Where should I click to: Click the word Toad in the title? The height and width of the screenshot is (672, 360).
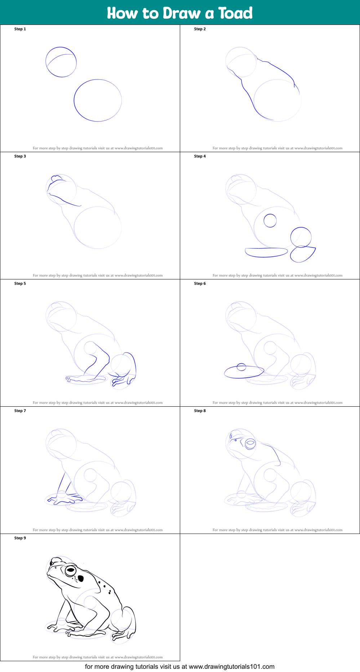(235, 13)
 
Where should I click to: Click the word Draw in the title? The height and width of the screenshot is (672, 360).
(182, 13)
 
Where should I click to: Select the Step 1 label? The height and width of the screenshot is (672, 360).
(20, 29)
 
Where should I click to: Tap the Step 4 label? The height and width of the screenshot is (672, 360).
(200, 156)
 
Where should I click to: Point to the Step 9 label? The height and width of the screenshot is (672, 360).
(20, 538)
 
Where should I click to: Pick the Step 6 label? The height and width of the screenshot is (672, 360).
(200, 283)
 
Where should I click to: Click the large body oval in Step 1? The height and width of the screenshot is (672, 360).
(74, 100)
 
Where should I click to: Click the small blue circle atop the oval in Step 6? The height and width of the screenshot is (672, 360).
(241, 364)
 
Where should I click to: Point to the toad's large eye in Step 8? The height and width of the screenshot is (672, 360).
(250, 443)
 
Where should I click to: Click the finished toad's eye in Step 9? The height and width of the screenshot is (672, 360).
(70, 571)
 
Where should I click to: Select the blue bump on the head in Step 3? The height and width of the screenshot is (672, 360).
(57, 178)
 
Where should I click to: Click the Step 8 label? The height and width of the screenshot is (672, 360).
(200, 411)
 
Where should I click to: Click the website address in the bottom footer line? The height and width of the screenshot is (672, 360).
(232, 667)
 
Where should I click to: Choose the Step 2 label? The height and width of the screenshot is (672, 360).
(200, 29)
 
